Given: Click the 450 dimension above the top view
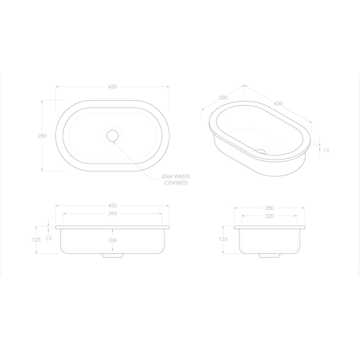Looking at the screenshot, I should point(112,87).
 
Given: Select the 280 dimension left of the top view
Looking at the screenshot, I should point(42,136).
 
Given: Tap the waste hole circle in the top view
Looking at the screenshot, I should point(112,136).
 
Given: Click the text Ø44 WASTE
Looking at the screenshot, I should point(176,177).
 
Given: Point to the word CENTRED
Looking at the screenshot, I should point(176,183).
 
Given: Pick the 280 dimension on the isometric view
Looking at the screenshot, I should point(222,98).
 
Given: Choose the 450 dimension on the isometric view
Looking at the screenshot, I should point(278,103).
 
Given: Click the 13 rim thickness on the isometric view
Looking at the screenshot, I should point(326,150).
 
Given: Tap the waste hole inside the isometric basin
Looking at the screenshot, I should point(261,151).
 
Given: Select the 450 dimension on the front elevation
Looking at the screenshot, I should point(112,206).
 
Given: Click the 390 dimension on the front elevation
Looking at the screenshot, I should point(112,213).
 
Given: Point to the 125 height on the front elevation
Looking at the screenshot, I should point(36,240).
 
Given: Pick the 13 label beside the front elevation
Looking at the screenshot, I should point(49,238).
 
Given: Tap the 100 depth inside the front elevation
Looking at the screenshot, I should point(113,240).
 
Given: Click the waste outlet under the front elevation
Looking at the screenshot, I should point(112,255).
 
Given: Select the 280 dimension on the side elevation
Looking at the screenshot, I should point(269,208).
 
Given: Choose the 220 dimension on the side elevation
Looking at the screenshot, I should point(269,216).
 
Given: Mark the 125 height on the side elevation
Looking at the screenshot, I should point(223,239).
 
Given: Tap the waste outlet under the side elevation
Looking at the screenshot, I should point(269,255).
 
